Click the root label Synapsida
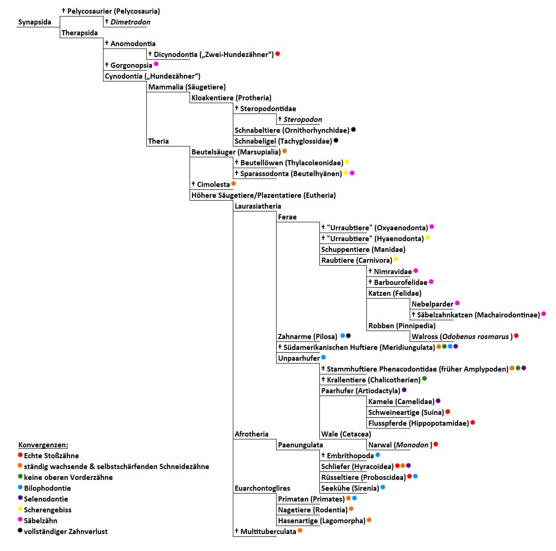(x=34, y=22)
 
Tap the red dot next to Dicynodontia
(x=278, y=54)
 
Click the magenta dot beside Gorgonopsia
(x=156, y=64)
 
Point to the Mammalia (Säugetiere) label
(x=187, y=87)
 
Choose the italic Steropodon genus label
(x=302, y=120)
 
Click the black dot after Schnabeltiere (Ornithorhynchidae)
(x=354, y=130)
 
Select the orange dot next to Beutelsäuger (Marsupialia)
(x=285, y=151)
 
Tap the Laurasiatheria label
(x=258, y=206)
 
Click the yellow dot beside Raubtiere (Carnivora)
(x=396, y=259)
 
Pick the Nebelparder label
(x=432, y=304)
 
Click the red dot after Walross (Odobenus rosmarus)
(x=516, y=336)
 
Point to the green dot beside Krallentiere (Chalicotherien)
(x=425, y=379)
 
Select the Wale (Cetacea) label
(x=346, y=434)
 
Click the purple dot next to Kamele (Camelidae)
(x=438, y=401)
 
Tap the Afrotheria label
(x=252, y=434)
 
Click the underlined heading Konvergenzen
(x=43, y=445)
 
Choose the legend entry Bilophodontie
(x=47, y=488)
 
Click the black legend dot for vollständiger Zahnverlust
(x=20, y=531)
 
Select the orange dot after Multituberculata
(x=300, y=531)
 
